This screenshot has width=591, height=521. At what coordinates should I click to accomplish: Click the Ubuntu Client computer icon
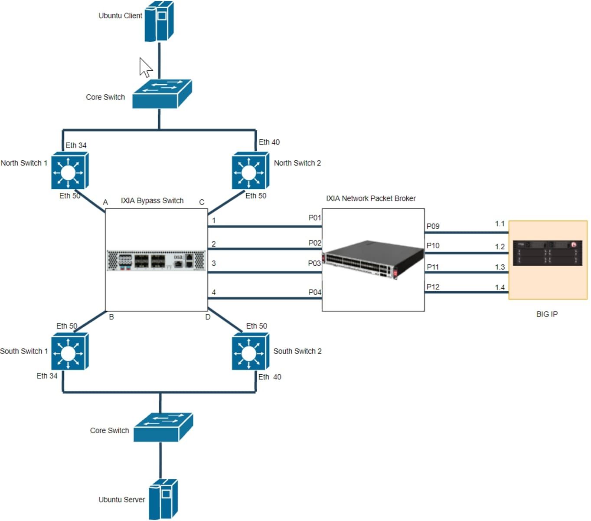pyautogui.click(x=159, y=21)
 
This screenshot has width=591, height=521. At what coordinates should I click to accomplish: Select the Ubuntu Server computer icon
pyautogui.click(x=163, y=499)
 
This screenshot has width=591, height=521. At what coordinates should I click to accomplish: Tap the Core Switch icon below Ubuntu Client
pyautogui.click(x=161, y=94)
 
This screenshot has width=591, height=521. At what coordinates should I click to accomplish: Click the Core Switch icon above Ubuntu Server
pyautogui.click(x=163, y=427)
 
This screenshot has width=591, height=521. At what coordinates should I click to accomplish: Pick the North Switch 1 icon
pyautogui.click(x=69, y=170)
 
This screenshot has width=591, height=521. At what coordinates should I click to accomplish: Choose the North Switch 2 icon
pyautogui.click(x=250, y=170)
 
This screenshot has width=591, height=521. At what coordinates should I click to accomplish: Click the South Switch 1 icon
pyautogui.click(x=69, y=351)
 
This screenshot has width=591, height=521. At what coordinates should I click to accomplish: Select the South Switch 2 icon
pyautogui.click(x=250, y=351)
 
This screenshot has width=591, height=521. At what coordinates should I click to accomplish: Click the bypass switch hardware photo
pyautogui.click(x=156, y=260)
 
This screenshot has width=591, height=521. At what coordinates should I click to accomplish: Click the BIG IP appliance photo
pyautogui.click(x=547, y=253)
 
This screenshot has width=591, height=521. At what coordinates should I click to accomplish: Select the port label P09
pyautogui.click(x=433, y=226)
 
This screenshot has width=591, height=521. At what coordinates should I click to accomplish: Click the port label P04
pyautogui.click(x=315, y=292)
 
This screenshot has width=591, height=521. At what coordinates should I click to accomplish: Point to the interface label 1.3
pyautogui.click(x=500, y=267)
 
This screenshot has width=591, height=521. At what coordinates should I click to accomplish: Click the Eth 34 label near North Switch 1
pyautogui.click(x=76, y=145)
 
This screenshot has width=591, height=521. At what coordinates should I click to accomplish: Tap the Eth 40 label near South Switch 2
pyautogui.click(x=270, y=377)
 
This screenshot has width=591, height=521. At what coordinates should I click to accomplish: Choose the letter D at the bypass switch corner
pyautogui.click(x=208, y=317)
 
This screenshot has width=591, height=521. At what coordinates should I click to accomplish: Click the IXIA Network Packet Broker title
pyautogui.click(x=371, y=198)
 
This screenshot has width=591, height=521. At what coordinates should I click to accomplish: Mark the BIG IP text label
pyautogui.click(x=547, y=314)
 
